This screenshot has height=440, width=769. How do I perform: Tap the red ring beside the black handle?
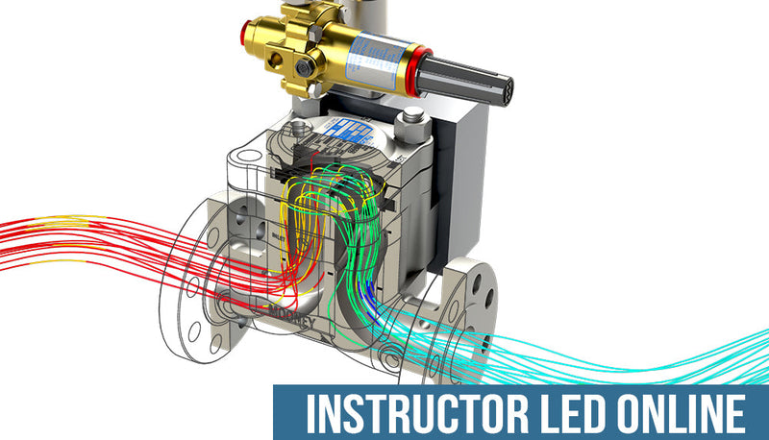411,68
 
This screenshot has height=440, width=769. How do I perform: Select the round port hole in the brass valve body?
276,62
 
